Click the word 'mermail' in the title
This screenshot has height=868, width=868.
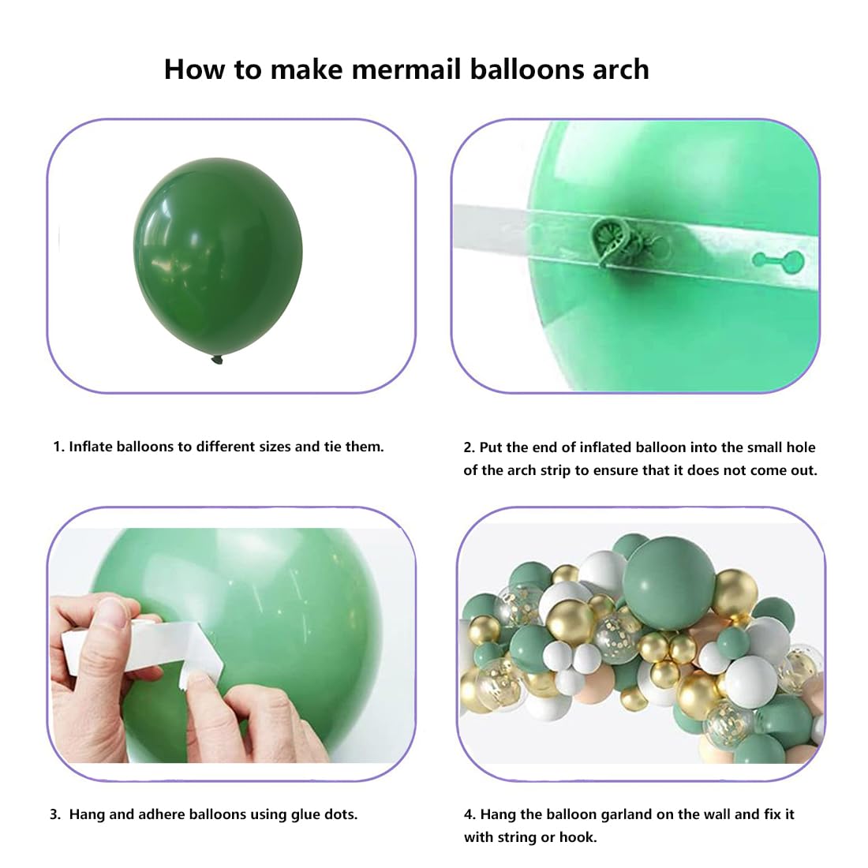pos(406,69)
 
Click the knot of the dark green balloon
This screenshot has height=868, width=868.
pos(217,360)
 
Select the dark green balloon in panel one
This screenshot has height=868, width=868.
pos(218,257)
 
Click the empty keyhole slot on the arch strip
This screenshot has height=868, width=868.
pos(778,260)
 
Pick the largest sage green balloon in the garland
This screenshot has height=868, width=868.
pos(668,583)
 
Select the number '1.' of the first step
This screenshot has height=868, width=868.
pos(58,447)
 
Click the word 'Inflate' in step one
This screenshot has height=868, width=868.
pos(90,447)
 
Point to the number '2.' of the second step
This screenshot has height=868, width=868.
pos(470,447)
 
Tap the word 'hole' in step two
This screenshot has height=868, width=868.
pos(800,447)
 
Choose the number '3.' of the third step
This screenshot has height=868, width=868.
pos(55,814)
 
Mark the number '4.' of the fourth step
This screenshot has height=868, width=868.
pos(470,814)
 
